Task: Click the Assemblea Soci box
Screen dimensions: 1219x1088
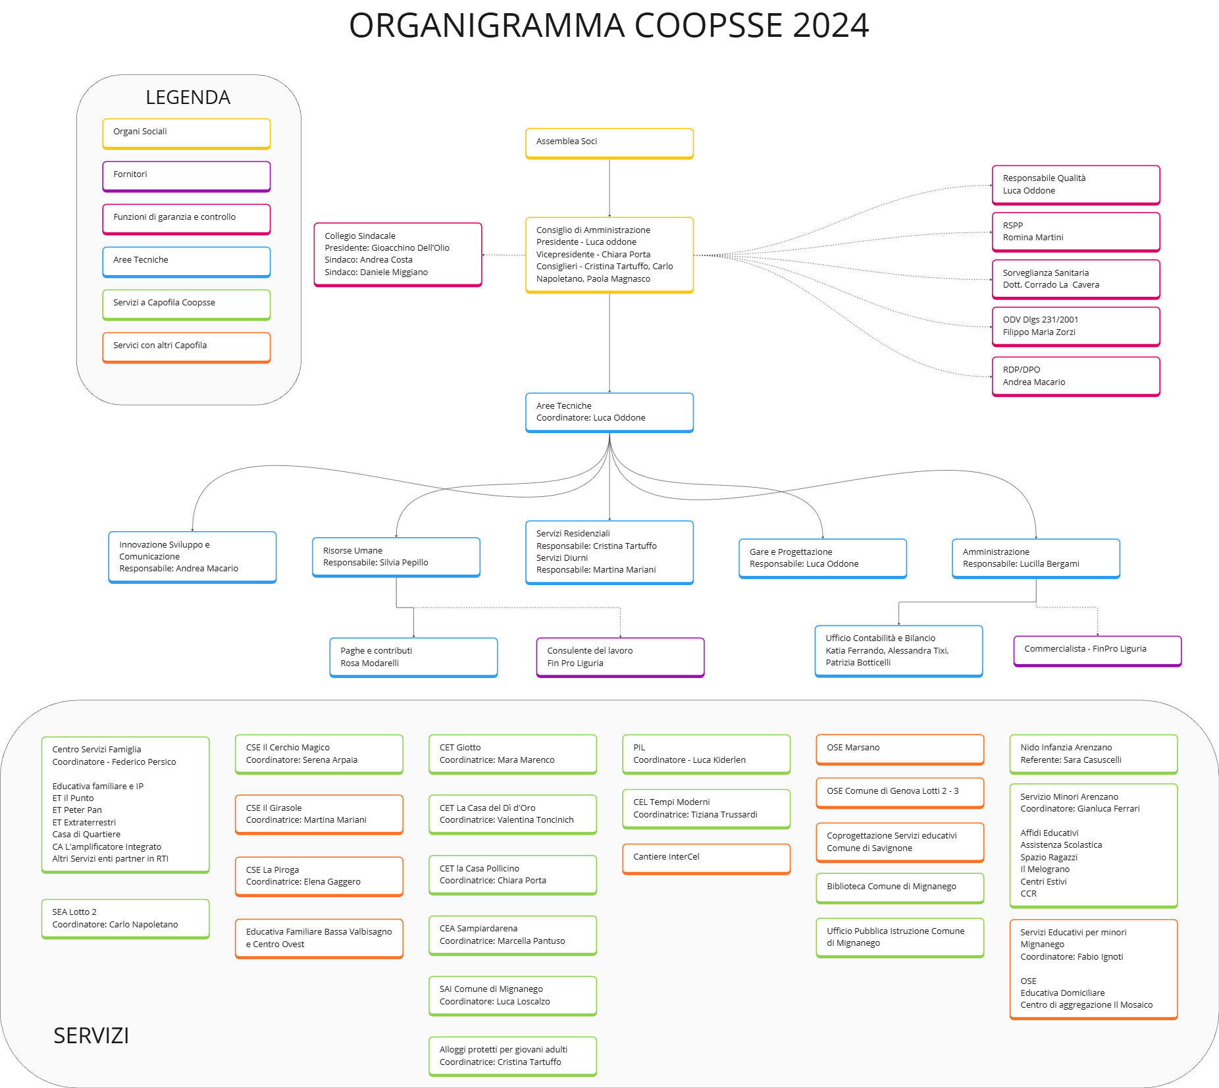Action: [609, 143]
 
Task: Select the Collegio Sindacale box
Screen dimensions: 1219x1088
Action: [398, 255]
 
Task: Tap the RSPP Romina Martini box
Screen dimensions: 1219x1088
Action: [1076, 232]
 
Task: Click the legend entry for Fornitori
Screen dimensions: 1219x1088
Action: [186, 176]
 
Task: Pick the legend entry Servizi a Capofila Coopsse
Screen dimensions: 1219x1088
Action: [186, 305]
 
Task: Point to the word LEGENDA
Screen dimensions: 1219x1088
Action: [188, 97]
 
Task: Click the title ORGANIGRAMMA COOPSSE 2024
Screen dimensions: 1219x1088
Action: [609, 26]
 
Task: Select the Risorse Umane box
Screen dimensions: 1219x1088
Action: [396, 557]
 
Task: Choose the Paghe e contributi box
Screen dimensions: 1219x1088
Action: [414, 658]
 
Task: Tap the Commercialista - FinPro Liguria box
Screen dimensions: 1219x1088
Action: [1098, 651]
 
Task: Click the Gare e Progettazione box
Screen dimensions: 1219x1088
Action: [823, 559]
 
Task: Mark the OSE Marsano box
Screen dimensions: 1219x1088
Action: [900, 750]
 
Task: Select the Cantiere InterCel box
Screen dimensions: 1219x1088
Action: [706, 859]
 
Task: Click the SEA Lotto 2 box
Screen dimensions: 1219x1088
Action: [126, 919]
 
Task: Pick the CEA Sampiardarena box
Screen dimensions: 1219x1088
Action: [513, 935]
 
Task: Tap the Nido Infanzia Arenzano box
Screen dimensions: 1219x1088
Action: [1094, 754]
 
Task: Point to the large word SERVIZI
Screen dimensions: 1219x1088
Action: [91, 1036]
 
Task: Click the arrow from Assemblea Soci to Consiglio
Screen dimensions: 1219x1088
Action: [609, 188]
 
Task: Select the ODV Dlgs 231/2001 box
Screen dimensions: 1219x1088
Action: [1076, 326]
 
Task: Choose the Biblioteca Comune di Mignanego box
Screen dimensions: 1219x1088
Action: [900, 889]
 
